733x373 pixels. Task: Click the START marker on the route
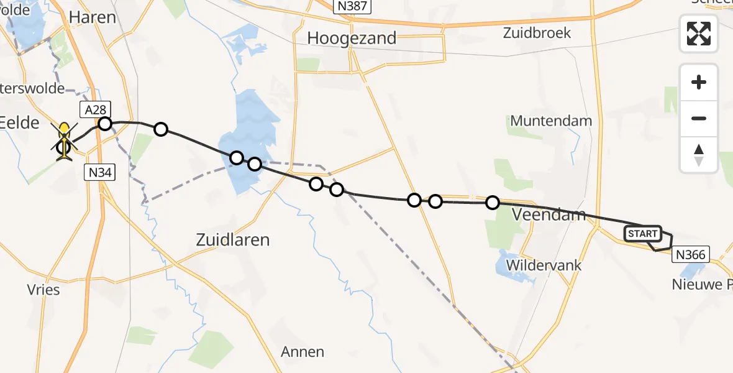point(642,234)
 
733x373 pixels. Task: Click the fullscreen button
point(699,34)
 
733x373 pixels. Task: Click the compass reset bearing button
point(699,155)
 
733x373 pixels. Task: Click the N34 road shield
point(100,173)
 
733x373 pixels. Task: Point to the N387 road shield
point(352,7)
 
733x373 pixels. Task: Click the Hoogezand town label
point(352,38)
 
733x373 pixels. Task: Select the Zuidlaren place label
point(233,239)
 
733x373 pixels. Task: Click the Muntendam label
point(551,121)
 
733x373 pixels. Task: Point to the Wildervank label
point(544,265)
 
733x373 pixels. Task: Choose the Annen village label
point(303,352)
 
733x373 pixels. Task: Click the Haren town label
point(93,17)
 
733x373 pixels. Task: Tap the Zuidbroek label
point(538,33)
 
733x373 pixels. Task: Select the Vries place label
point(43,290)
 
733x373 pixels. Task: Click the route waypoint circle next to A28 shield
point(105,124)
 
